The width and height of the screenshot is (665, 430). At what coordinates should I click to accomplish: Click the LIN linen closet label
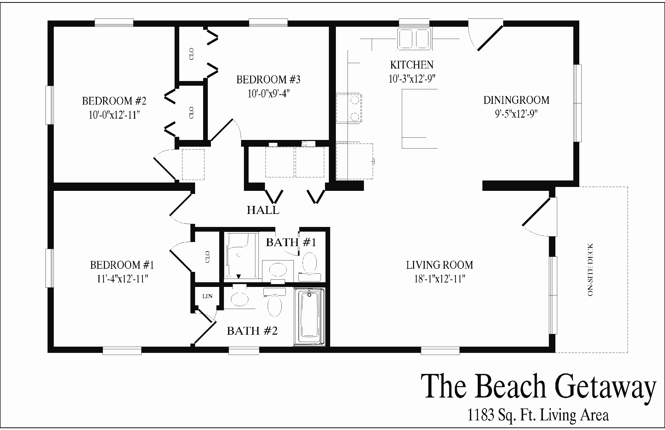tap(207, 296)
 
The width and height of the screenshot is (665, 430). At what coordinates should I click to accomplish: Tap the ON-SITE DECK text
tap(590, 270)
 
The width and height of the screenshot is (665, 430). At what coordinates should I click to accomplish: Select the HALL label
tap(263, 210)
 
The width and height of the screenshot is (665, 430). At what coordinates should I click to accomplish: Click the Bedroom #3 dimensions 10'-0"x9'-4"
tap(268, 93)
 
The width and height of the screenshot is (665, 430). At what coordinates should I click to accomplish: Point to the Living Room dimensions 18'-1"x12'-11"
tap(440, 279)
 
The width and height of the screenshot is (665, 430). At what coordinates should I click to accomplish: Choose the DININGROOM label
tap(516, 100)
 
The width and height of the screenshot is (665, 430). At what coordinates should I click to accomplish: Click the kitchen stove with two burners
tap(349, 108)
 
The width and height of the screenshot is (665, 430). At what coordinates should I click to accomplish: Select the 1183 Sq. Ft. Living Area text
tap(538, 415)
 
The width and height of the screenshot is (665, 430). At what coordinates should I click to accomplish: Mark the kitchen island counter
tap(420, 119)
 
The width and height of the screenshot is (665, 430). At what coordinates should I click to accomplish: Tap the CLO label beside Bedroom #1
tap(207, 257)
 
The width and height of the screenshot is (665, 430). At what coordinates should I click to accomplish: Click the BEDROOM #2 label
tap(114, 101)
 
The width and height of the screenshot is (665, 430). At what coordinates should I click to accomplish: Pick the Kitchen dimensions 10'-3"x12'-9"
tap(412, 79)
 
